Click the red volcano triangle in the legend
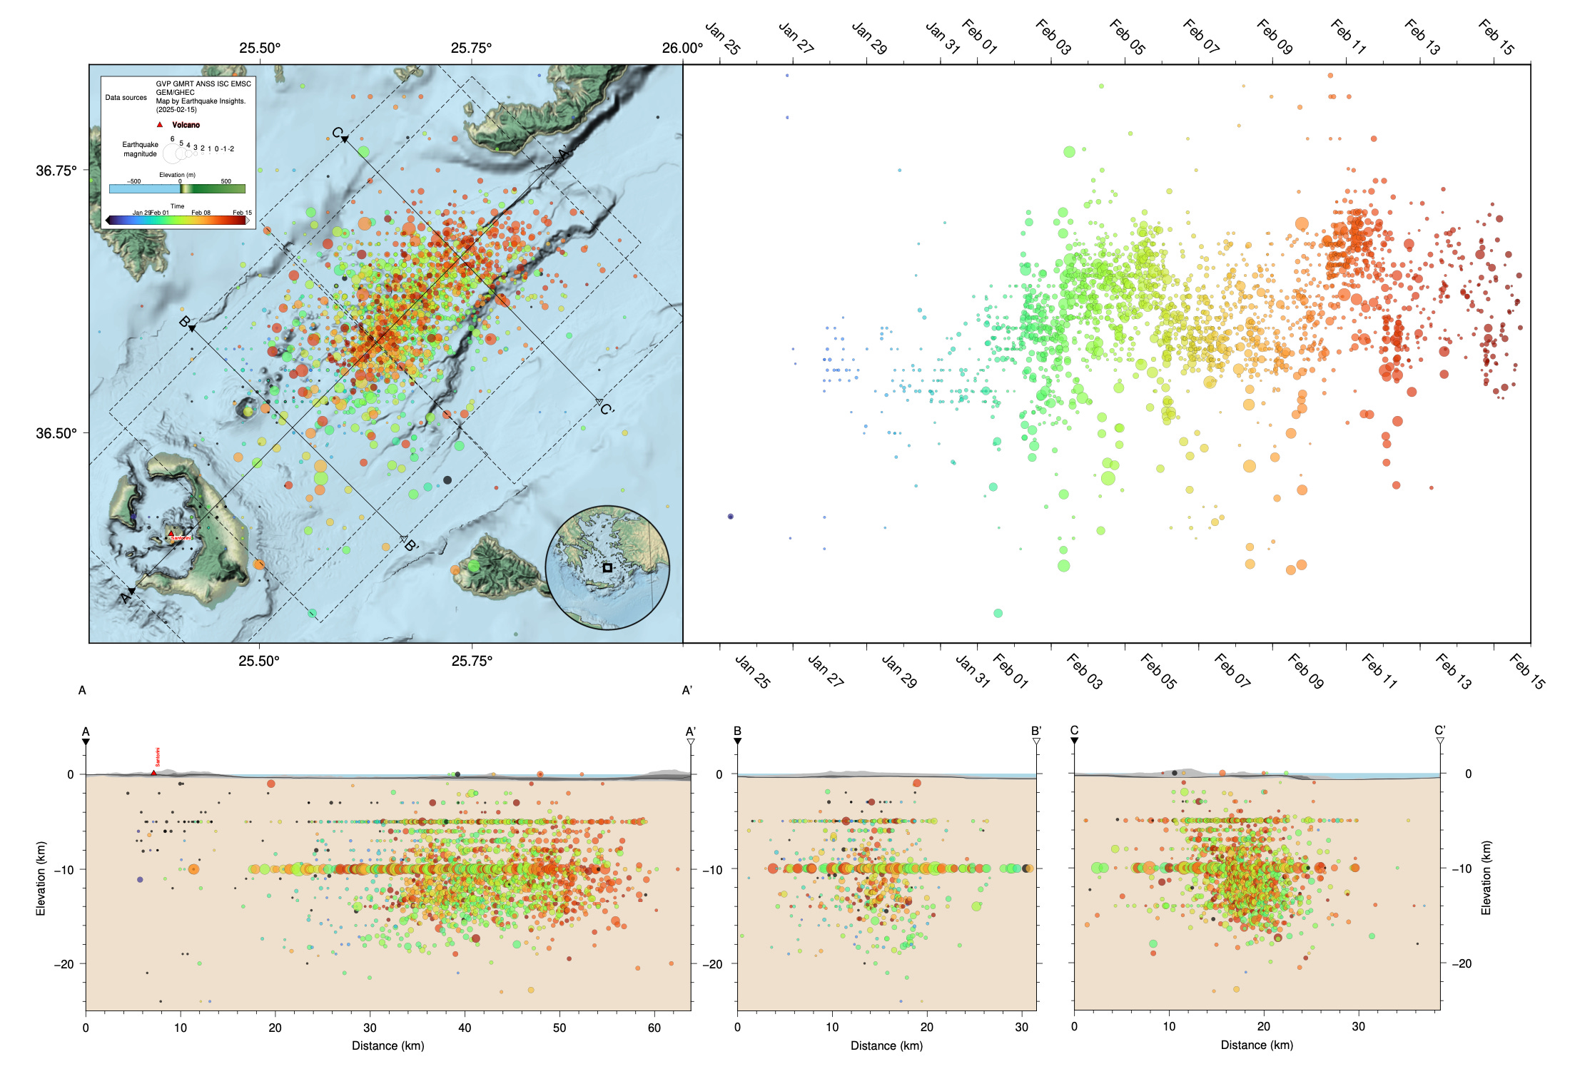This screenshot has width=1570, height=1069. point(160,124)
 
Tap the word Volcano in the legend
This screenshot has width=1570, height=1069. point(186,125)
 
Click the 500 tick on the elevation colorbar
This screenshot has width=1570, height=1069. point(226,181)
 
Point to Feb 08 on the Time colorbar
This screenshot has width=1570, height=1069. point(201,213)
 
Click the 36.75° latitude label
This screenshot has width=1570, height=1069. point(56,171)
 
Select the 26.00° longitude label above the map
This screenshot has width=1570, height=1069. point(682,49)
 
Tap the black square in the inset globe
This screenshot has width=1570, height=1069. point(607,568)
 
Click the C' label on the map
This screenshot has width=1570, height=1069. point(607,410)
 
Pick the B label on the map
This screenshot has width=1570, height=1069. point(183,322)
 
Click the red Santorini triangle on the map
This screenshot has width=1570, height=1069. point(171,533)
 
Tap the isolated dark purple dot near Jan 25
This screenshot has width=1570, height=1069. point(730,516)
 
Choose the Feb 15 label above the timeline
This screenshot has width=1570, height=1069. point(1496,36)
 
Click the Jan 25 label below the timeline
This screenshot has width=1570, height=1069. point(752,672)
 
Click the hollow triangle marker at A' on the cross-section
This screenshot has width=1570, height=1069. point(691,742)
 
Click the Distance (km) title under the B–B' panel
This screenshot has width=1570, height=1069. point(886,1045)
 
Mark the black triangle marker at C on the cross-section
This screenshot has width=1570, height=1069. point(1074,741)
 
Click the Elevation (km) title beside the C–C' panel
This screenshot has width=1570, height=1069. point(1486,878)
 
